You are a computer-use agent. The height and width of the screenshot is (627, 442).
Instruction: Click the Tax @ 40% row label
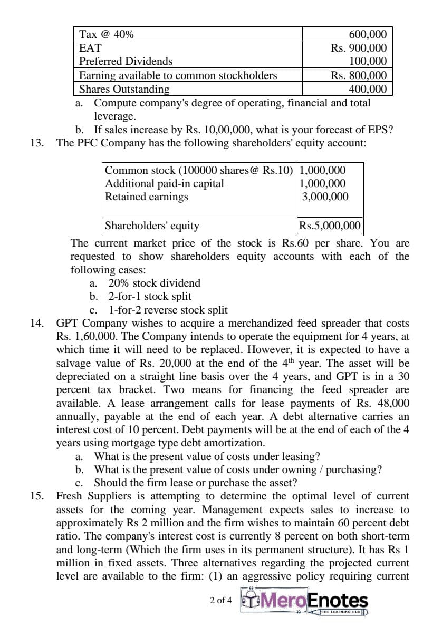[106, 35]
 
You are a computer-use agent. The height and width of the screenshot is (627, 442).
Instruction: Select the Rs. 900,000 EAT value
[359, 48]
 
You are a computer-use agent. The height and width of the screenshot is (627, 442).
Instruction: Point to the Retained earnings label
[147, 197]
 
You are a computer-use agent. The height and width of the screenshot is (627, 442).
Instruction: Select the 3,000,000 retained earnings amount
[325, 197]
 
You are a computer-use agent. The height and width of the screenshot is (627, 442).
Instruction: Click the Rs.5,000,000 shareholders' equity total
[330, 226]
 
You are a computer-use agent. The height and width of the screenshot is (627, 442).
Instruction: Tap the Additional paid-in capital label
[165, 183]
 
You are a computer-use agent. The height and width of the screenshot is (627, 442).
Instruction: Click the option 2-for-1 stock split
[150, 296]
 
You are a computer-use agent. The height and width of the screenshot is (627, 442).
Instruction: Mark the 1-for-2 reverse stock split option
[168, 310]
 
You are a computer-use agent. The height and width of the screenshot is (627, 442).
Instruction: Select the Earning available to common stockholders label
[178, 75]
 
